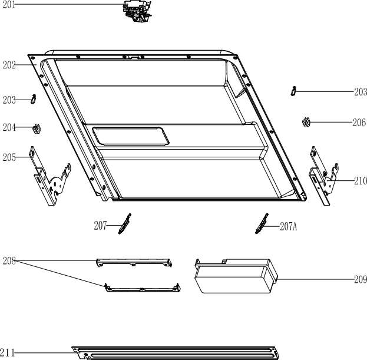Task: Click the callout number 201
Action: (9, 5)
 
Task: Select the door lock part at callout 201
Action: (137, 11)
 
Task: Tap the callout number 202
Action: (9, 65)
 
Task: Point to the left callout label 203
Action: (9, 100)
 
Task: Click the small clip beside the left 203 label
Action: (34, 99)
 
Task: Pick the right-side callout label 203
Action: (361, 92)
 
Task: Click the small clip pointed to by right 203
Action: (293, 91)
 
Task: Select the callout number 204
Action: (9, 127)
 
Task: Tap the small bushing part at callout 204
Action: (37, 128)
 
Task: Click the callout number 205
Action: (9, 157)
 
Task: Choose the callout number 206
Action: (359, 123)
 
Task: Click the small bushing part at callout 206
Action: (306, 123)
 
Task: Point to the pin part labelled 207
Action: (124, 224)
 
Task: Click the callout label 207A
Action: (289, 226)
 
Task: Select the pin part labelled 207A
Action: (262, 223)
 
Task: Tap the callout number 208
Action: (9, 260)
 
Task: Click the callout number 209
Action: (361, 279)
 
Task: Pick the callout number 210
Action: (361, 181)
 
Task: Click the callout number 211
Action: (8, 352)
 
